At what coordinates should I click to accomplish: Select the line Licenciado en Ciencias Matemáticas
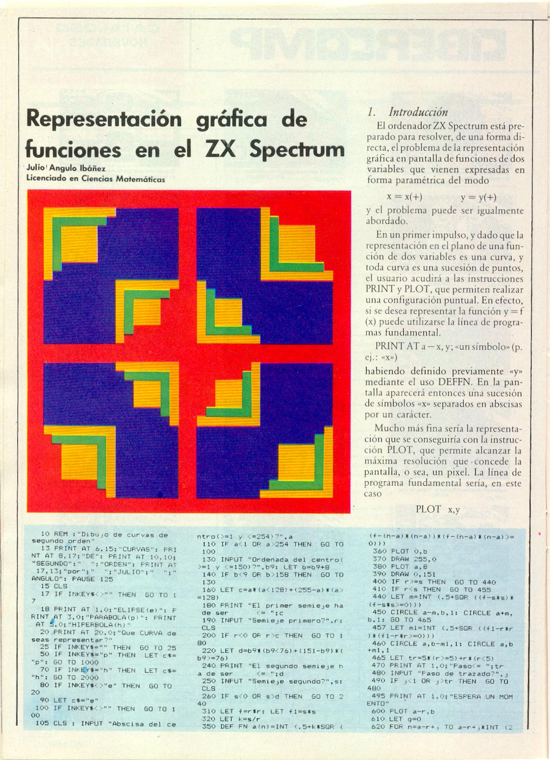click(96, 179)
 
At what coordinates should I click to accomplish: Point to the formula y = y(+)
click(478, 197)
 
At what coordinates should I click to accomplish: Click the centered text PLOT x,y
click(437, 509)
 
